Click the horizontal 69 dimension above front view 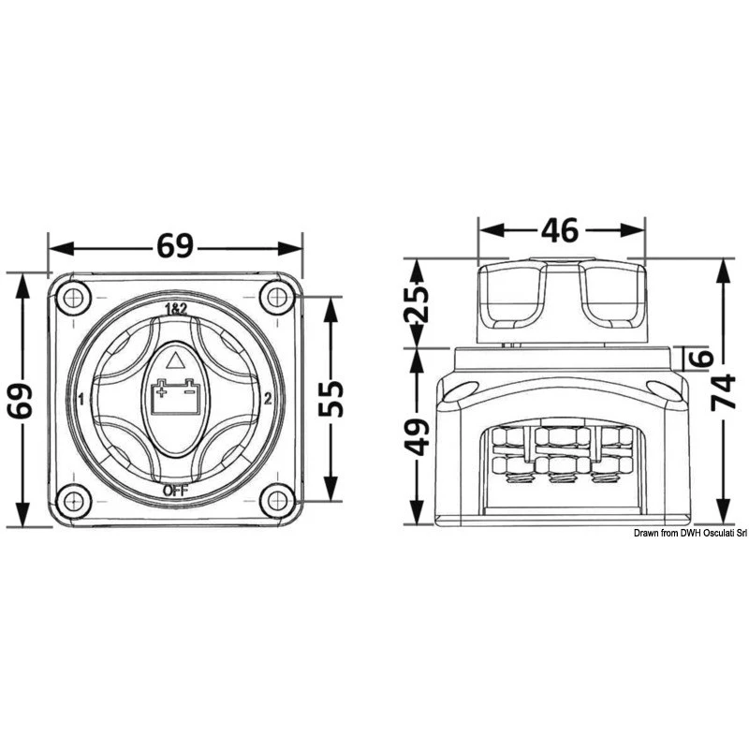coord(174,246)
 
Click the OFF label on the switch coord(175,489)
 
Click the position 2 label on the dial coord(269,399)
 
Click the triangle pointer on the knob coord(174,360)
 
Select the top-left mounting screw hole coord(73,299)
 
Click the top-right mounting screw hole coord(276,299)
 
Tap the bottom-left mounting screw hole coord(73,500)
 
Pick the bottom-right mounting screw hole coord(276,500)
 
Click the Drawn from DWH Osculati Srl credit coord(689,534)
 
